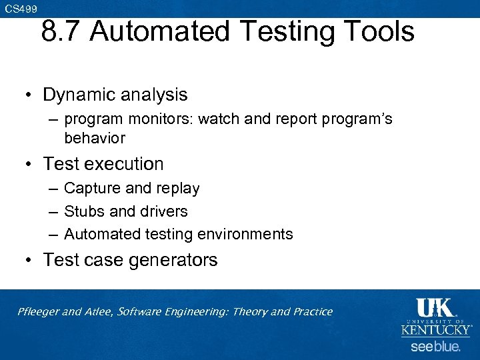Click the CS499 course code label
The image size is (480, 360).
(21, 8)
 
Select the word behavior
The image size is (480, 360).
(95, 138)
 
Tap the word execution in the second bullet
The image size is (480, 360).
(127, 164)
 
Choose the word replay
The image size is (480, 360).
(177, 189)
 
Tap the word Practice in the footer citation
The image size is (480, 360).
(311, 312)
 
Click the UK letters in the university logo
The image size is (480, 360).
(435, 308)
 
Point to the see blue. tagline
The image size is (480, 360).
(435, 347)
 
